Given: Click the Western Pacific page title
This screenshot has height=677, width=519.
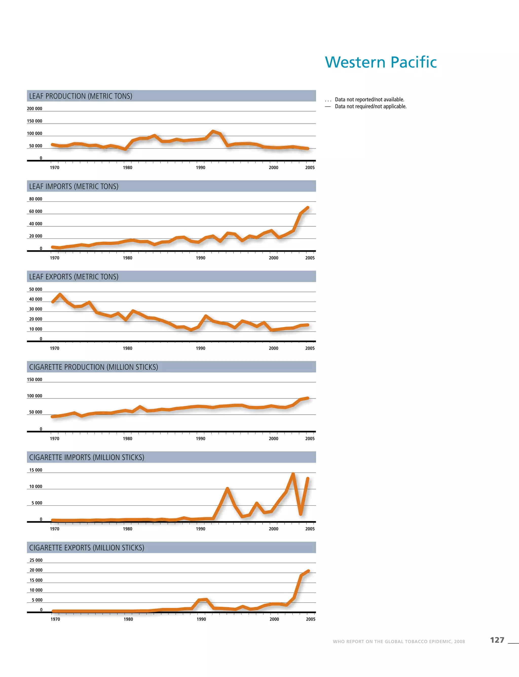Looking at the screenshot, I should [x=381, y=62].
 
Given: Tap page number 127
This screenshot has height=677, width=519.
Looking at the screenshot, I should [x=497, y=640].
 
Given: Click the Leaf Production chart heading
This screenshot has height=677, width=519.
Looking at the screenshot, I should [x=81, y=96].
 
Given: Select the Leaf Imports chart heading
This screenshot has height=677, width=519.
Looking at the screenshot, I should [x=73, y=186].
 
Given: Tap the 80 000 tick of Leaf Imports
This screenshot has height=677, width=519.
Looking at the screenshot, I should [x=35, y=199].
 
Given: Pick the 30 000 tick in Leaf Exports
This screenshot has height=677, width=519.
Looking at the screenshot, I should [x=35, y=309].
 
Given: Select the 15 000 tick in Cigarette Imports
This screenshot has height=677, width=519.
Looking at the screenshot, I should [x=35, y=470].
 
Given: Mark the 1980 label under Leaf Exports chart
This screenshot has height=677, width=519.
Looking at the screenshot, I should [x=127, y=348].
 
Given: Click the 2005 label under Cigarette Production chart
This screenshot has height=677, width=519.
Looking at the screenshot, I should [x=310, y=438].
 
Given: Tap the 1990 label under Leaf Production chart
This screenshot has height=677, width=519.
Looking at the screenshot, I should [x=200, y=168].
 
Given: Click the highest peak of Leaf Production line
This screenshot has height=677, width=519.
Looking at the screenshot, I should [x=213, y=131].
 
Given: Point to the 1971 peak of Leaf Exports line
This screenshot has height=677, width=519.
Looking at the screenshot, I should [x=60, y=295].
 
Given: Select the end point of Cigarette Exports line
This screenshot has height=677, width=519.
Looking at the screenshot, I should [x=308, y=571].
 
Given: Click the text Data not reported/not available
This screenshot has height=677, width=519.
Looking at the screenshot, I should [x=369, y=100].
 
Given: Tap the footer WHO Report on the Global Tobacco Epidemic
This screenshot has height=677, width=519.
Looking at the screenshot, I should [x=399, y=642].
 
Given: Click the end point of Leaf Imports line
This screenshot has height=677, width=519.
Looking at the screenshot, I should [x=308, y=208].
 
